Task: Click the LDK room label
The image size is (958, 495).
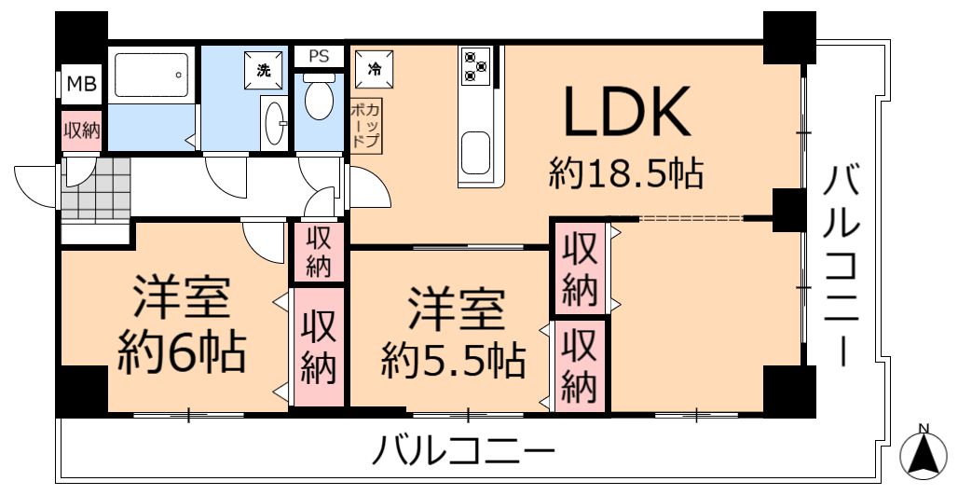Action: click(626, 111)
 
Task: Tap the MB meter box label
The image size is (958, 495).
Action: click(81, 84)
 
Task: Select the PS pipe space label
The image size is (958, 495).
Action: click(319, 56)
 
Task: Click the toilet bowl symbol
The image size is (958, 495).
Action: click(319, 97)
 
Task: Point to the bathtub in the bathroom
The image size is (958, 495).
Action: click(152, 75)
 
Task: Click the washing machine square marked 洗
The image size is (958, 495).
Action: click(264, 70)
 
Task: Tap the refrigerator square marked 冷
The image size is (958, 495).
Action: click(374, 70)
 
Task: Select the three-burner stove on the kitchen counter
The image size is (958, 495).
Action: click(476, 65)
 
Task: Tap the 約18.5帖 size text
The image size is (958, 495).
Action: click(626, 173)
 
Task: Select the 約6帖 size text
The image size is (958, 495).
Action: click(182, 353)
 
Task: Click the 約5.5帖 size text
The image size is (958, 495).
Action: click(453, 361)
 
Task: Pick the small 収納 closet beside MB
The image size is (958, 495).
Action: click(82, 131)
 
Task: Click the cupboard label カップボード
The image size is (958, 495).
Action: click(366, 126)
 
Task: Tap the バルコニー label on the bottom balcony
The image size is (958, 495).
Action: click(463, 453)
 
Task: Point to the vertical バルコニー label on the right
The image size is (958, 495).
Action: click(843, 268)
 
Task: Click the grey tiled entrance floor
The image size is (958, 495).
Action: click(96, 189)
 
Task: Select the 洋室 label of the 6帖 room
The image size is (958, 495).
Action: click(182, 297)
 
